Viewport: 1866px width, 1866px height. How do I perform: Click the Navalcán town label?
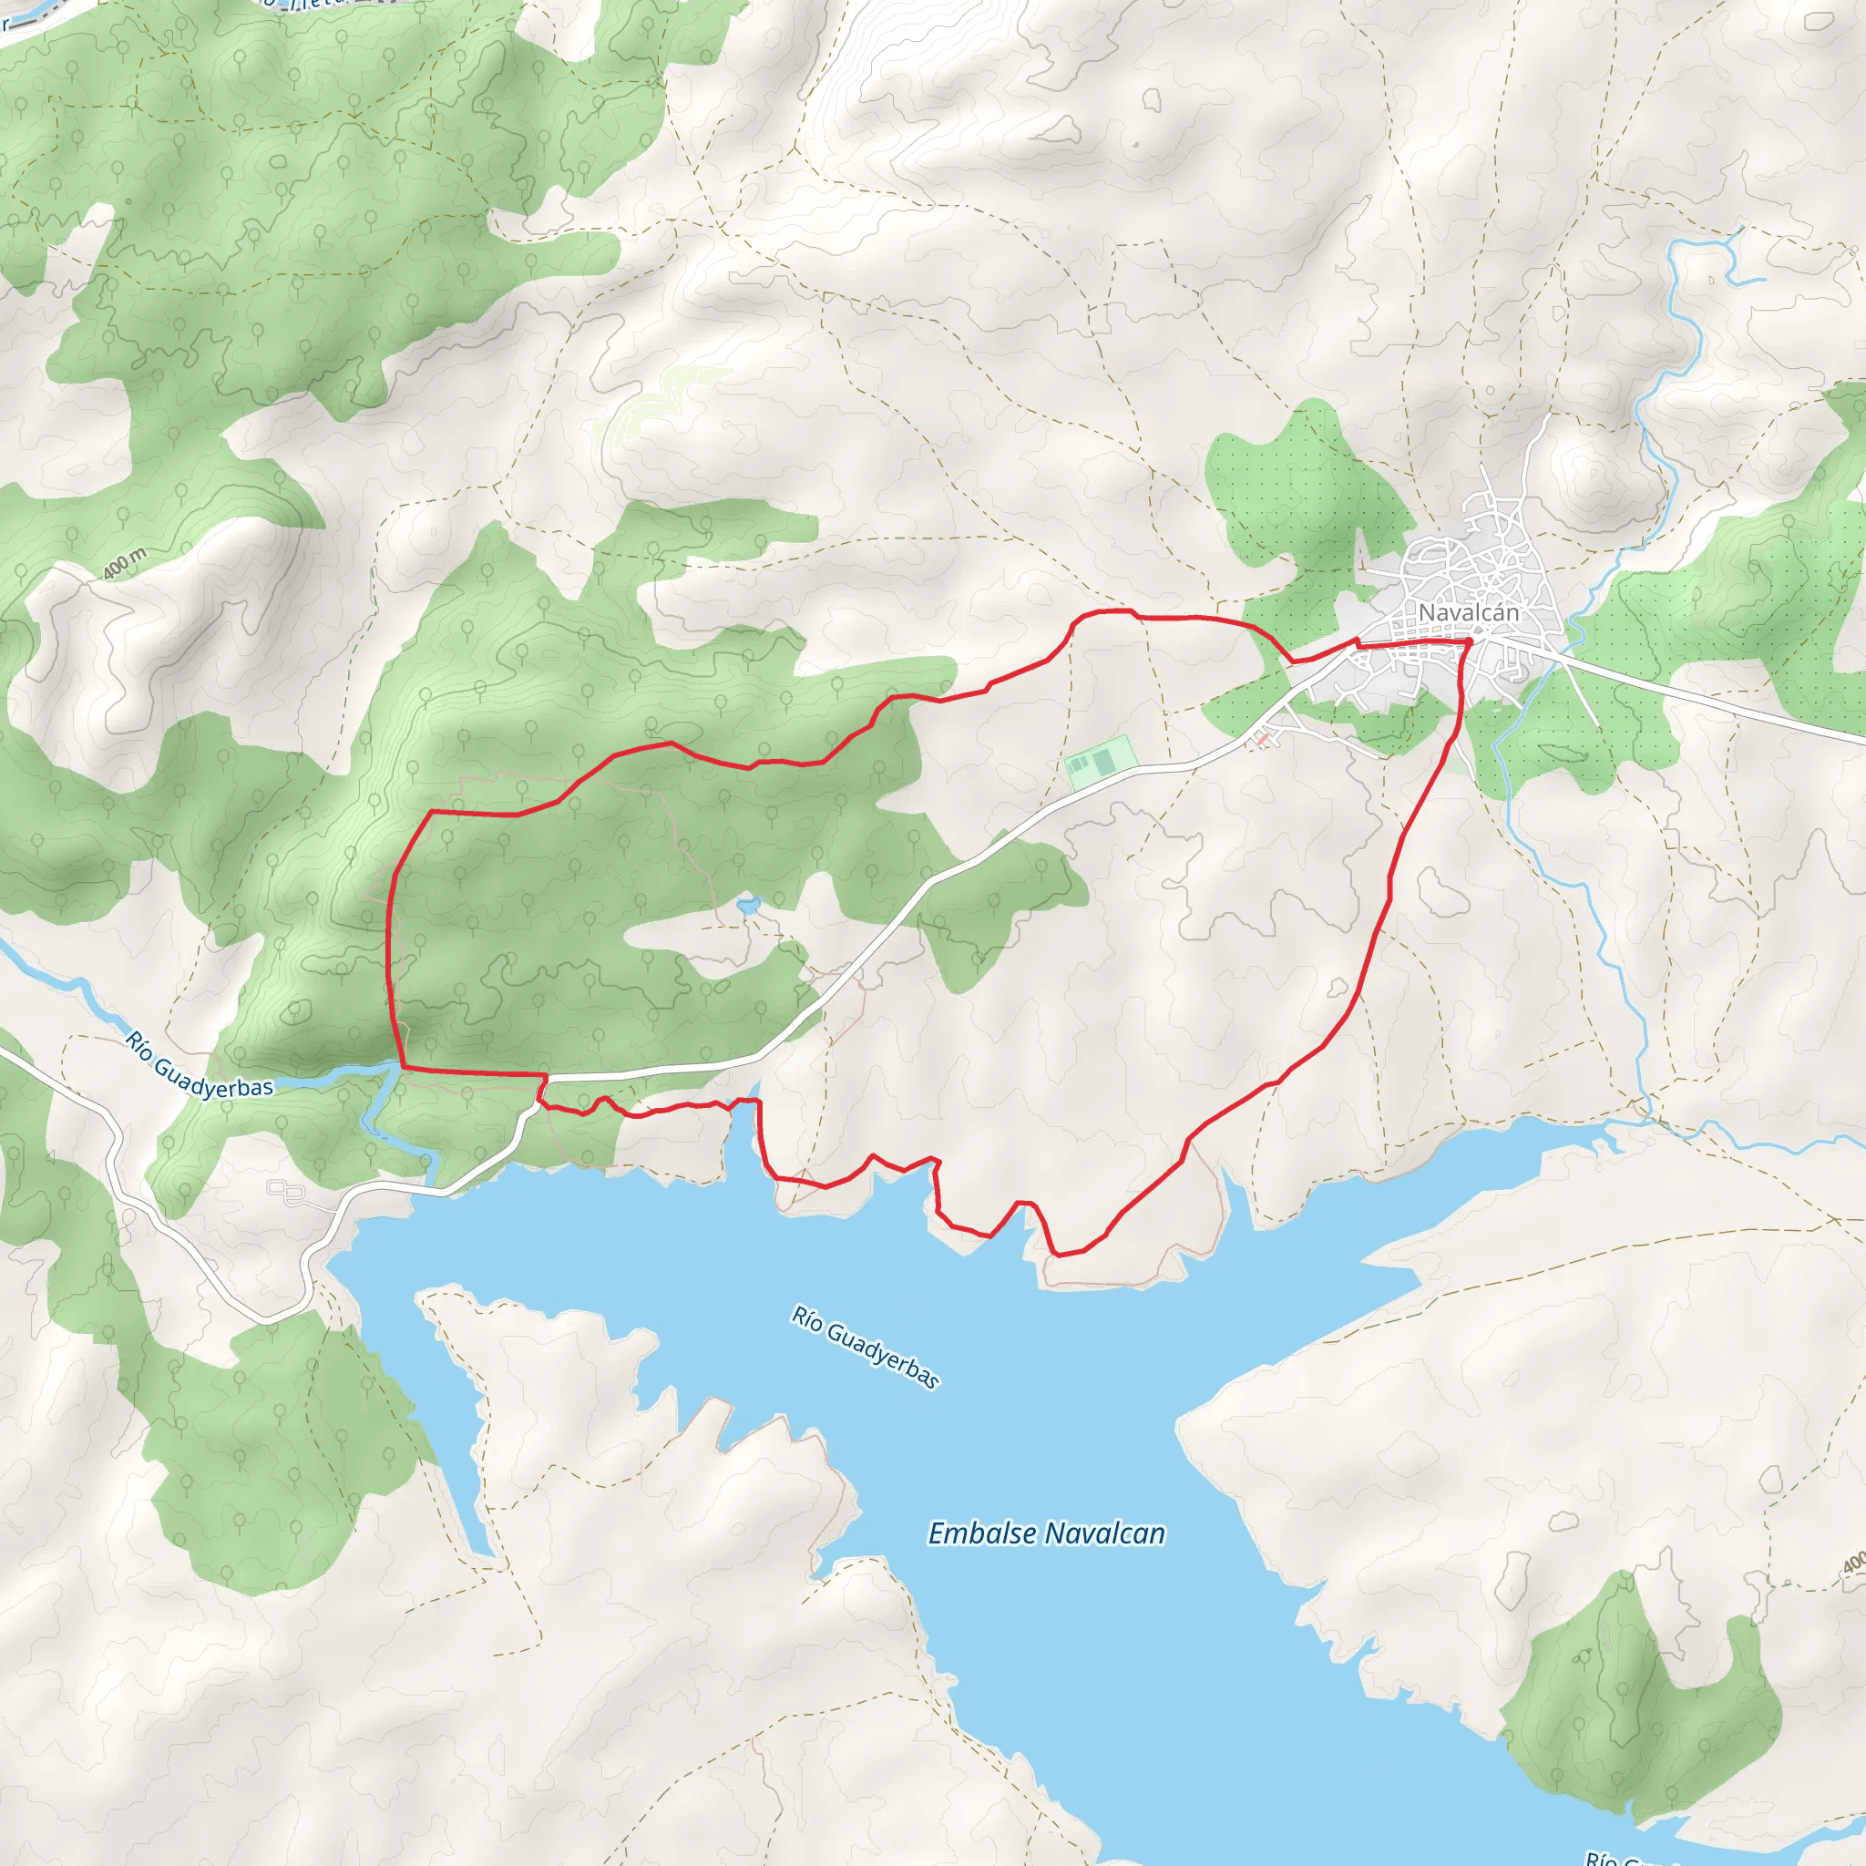point(1468,612)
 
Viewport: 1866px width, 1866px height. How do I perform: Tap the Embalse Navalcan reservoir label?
point(1046,1533)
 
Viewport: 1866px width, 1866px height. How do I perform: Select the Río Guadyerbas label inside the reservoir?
point(866,1347)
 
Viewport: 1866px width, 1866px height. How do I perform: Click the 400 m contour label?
point(125,563)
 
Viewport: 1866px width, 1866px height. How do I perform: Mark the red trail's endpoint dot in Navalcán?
point(1468,641)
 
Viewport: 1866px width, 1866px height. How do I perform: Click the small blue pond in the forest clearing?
point(747,905)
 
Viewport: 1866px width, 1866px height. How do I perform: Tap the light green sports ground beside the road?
point(1098,762)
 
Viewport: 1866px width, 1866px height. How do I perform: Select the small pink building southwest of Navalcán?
point(1261,740)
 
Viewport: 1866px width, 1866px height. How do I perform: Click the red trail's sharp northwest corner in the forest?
point(430,812)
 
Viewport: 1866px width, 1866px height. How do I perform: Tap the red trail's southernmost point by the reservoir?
point(1059,1256)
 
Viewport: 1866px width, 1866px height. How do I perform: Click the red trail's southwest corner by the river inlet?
point(402,1068)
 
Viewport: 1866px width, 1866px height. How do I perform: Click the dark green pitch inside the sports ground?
point(1104,762)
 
